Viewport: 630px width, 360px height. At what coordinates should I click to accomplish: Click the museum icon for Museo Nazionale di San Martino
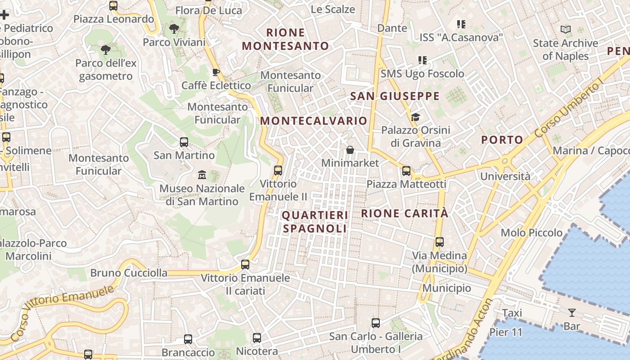point(202,175)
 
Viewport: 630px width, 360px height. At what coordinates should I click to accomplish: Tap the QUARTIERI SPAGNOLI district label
point(315,222)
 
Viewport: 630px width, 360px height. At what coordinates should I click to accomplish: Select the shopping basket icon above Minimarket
point(350,149)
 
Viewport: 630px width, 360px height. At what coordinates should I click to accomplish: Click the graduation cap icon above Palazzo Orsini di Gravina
point(415,117)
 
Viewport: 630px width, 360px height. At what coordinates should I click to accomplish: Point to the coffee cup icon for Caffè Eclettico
point(216,72)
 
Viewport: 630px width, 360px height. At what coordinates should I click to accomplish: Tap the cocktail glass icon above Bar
point(572,312)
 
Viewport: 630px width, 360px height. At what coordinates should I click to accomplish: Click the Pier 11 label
point(506,333)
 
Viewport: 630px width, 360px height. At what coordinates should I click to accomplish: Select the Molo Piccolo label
point(531,233)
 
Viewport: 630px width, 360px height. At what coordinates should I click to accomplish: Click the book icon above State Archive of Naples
point(566,30)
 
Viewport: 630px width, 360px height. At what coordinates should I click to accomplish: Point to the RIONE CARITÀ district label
point(405,213)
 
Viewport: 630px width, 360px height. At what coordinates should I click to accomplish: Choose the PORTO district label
point(502,140)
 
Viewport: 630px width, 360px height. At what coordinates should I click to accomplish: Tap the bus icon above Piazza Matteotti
point(406,171)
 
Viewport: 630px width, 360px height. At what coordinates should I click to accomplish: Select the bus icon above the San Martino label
point(184,142)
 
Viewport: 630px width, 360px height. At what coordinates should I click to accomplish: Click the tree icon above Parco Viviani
point(174,29)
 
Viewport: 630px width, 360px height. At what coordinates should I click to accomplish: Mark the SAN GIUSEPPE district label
point(395,96)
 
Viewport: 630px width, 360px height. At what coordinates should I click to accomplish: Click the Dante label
point(392,28)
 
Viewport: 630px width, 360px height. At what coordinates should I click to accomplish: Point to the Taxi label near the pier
point(512,313)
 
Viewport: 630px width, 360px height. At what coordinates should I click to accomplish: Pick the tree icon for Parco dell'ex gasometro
point(106,50)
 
